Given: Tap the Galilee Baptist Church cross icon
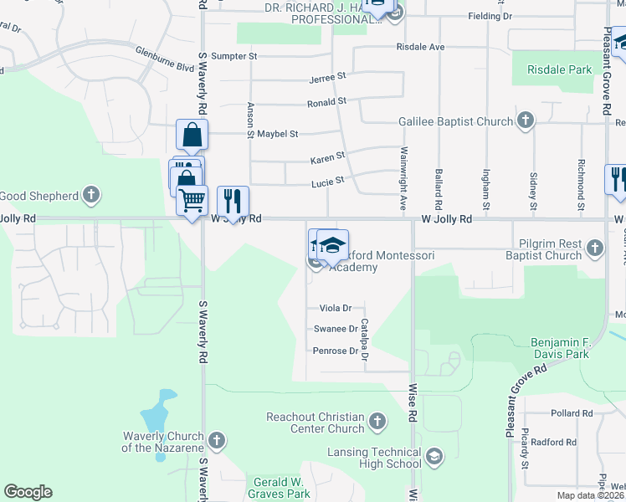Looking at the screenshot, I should [526, 121].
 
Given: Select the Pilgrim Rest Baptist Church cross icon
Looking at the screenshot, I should [594, 248].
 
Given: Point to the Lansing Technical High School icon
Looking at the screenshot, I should [434, 457].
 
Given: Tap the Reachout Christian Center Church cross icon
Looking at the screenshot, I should [377, 422].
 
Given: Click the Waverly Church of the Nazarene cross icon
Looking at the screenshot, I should [217, 440].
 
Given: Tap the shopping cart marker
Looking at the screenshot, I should [192, 201].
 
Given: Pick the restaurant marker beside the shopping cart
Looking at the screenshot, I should [233, 201].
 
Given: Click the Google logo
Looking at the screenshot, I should [28, 492].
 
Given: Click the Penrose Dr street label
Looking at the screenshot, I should [335, 351].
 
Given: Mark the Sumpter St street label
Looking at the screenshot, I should [234, 56].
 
